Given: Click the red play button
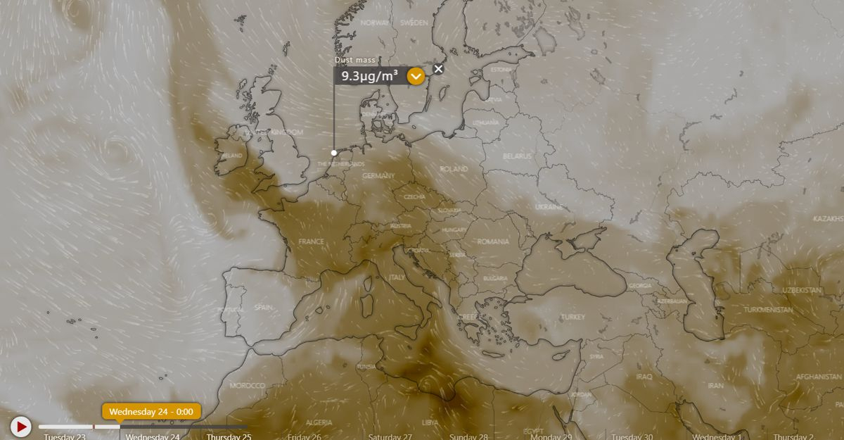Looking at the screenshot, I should (21, 426).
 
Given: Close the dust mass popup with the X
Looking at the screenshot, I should (438, 69).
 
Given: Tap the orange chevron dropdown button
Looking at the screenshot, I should (416, 76).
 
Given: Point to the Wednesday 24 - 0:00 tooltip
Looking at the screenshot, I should (151, 411).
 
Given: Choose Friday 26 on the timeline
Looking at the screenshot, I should (305, 436).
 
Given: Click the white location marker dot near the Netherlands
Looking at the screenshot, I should (334, 152).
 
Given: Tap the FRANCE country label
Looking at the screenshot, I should (311, 241).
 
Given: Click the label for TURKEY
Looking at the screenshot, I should (573, 317).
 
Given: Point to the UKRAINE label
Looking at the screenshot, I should (549, 207).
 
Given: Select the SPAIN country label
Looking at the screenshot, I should (263, 307).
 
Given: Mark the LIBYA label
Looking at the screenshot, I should (430, 422).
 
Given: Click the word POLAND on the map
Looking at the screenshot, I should (454, 169).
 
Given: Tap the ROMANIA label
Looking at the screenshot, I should (492, 241).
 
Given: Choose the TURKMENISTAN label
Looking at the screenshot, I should (768, 310).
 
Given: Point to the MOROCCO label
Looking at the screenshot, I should (248, 386).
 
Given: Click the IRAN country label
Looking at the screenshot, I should (715, 386).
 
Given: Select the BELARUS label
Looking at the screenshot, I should (518, 156).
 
